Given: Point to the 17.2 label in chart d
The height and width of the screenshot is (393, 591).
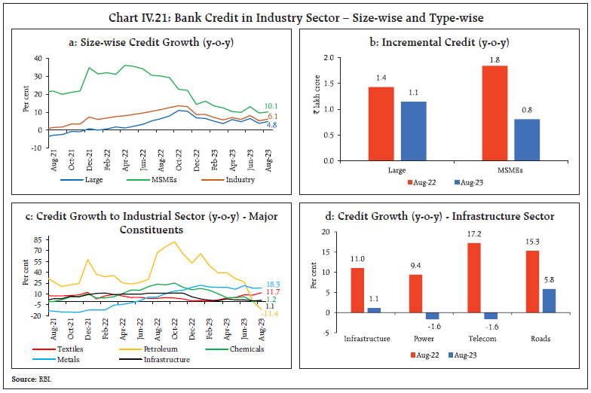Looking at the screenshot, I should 474,235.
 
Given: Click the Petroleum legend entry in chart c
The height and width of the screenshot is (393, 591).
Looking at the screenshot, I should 144,349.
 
